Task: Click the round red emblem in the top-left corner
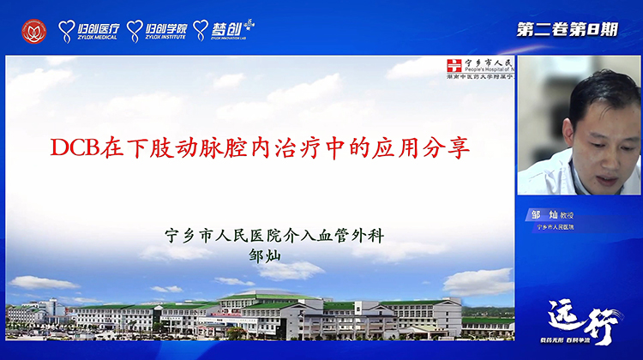coord(35,31)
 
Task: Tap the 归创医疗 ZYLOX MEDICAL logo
coord(89,31)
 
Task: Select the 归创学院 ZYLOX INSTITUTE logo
coord(157,31)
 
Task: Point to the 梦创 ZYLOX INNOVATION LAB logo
coord(224,31)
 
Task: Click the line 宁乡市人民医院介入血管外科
coord(269,233)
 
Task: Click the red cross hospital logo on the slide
coord(454,66)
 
